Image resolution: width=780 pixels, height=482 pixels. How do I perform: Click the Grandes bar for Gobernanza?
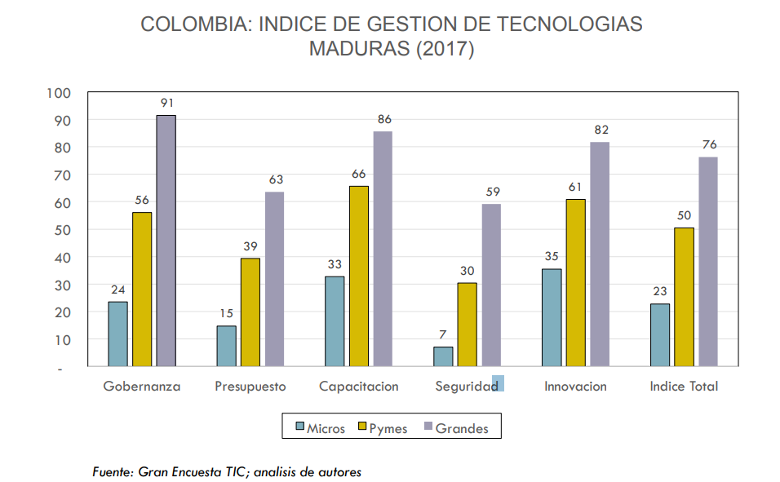[x=166, y=241]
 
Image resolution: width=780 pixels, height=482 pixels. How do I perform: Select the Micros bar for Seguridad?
[x=443, y=356]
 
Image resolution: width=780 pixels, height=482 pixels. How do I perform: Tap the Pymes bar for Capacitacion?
[x=359, y=276]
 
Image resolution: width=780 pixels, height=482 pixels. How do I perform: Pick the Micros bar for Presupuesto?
[x=226, y=346]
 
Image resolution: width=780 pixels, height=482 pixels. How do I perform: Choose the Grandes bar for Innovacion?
[x=600, y=254]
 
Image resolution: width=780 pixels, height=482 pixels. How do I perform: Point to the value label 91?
[x=166, y=104]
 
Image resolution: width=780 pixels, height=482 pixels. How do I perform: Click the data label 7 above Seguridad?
[x=443, y=335]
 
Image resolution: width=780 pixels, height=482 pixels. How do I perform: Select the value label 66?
[x=359, y=174]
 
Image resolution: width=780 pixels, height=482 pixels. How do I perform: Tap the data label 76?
[x=708, y=145]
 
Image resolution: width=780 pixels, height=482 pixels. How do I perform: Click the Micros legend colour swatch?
[x=299, y=427]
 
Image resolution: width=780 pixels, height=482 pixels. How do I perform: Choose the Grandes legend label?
[x=462, y=428]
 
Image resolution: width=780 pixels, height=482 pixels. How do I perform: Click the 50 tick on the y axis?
[x=63, y=230]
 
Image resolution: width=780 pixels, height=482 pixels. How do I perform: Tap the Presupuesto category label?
[x=250, y=387]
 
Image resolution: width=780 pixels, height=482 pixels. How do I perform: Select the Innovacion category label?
[x=575, y=387]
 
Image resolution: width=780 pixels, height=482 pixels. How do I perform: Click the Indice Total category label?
[x=684, y=387]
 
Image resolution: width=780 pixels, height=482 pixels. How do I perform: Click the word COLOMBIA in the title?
[x=196, y=24]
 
